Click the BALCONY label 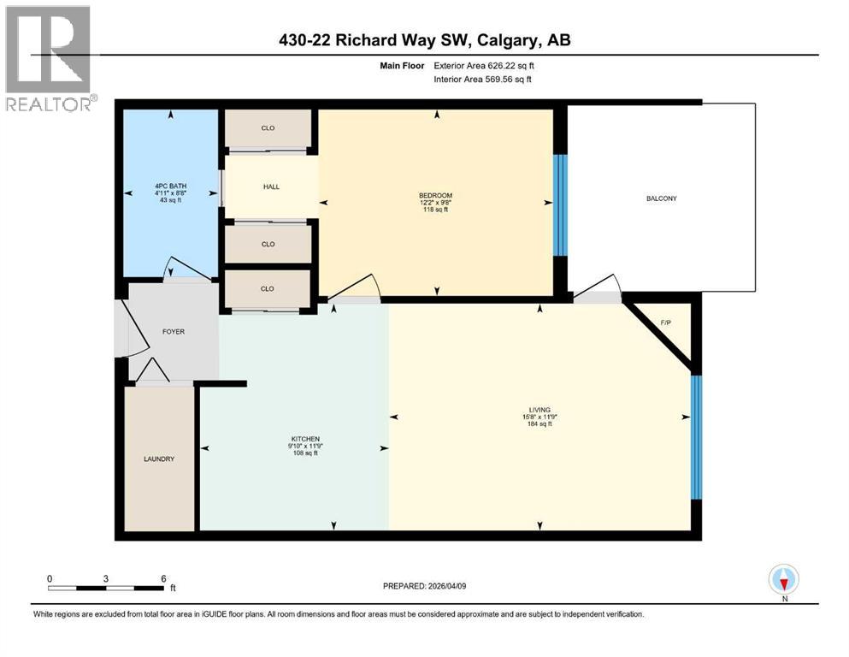pos(661,198)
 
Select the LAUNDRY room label pos(158,459)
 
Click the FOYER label pos(173,332)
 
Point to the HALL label pos(270,186)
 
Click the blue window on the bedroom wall pos(560,204)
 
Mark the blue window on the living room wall pos(696,438)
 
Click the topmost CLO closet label pos(268,128)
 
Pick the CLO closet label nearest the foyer pos(268,289)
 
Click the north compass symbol pos(783,581)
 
